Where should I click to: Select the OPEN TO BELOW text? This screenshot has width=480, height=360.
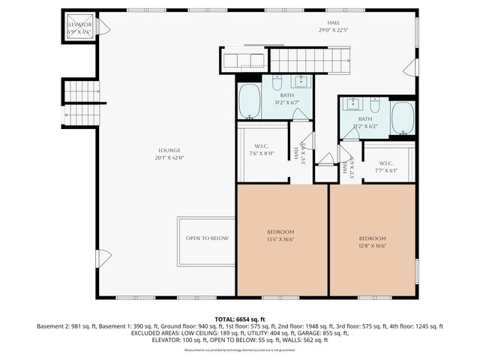tap(207, 238)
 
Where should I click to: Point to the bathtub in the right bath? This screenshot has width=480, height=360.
tap(403, 118)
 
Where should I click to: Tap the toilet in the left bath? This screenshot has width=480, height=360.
tap(277, 82)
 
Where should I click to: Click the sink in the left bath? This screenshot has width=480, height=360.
tap(302, 82)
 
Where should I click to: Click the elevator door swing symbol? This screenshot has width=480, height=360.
tap(103, 28)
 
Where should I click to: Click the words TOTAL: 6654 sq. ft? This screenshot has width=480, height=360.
tap(239, 319)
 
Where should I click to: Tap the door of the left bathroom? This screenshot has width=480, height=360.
tap(300, 115)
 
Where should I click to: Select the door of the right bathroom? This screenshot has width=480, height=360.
tap(350, 133)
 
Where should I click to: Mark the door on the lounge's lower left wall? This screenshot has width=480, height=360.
tap(103, 259)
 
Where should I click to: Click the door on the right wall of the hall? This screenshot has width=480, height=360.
tap(410, 69)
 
